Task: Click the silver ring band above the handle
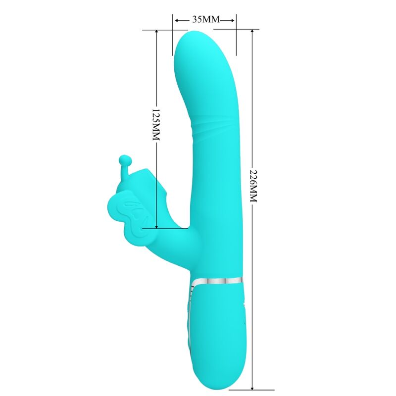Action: [x=217, y=280]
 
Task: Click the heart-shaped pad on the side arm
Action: [x=124, y=210]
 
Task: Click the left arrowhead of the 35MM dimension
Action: [x=176, y=20]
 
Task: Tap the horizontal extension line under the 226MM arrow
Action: [x=247, y=389]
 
